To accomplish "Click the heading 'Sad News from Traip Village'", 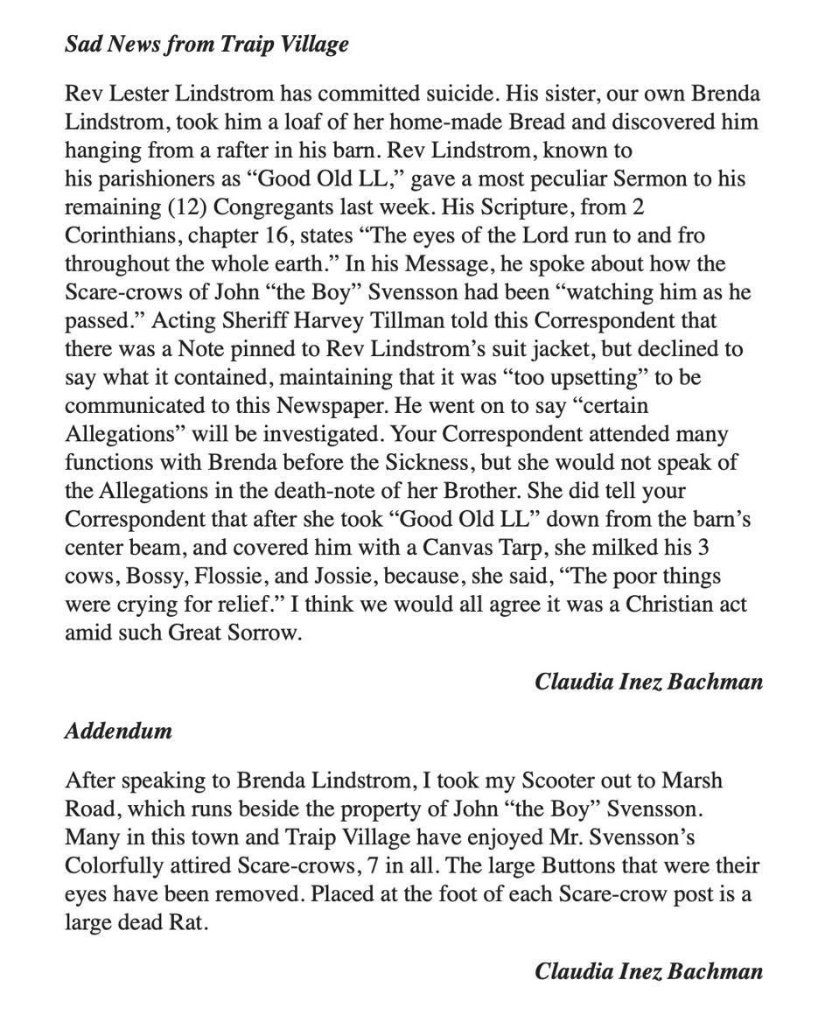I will point(206,45).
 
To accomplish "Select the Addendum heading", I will point(118,731).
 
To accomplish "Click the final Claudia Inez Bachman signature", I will point(648,971).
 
